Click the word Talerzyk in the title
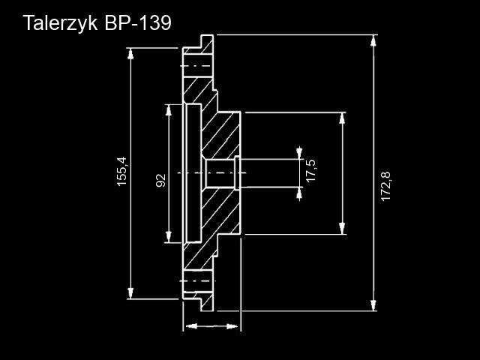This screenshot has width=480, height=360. [x=60, y=23]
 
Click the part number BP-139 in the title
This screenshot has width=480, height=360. [x=138, y=22]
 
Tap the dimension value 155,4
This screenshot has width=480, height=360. [x=121, y=172]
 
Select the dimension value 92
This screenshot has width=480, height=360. [x=161, y=180]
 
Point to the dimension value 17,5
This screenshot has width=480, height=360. [x=311, y=170]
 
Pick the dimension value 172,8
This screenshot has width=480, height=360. [x=386, y=187]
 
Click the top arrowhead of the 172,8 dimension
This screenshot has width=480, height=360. [x=373, y=40]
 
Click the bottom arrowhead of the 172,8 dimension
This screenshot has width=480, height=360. [x=373, y=305]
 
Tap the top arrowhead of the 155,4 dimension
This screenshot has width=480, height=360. [x=130, y=53]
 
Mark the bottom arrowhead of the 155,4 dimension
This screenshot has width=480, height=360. [x=130, y=293]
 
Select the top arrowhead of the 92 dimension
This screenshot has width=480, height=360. [x=168, y=110]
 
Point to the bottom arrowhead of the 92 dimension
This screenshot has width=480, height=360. [x=168, y=237]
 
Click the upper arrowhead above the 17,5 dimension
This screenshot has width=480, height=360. [x=299, y=153]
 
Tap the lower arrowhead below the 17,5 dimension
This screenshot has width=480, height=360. [x=299, y=193]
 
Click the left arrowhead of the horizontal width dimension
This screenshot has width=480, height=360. [x=191, y=326]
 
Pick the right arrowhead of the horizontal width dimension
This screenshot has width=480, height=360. [x=232, y=326]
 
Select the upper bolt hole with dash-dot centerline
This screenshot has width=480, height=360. [x=198, y=66]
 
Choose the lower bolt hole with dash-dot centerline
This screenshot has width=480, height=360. [x=198, y=281]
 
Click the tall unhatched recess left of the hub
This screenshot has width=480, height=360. [x=193, y=173]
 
